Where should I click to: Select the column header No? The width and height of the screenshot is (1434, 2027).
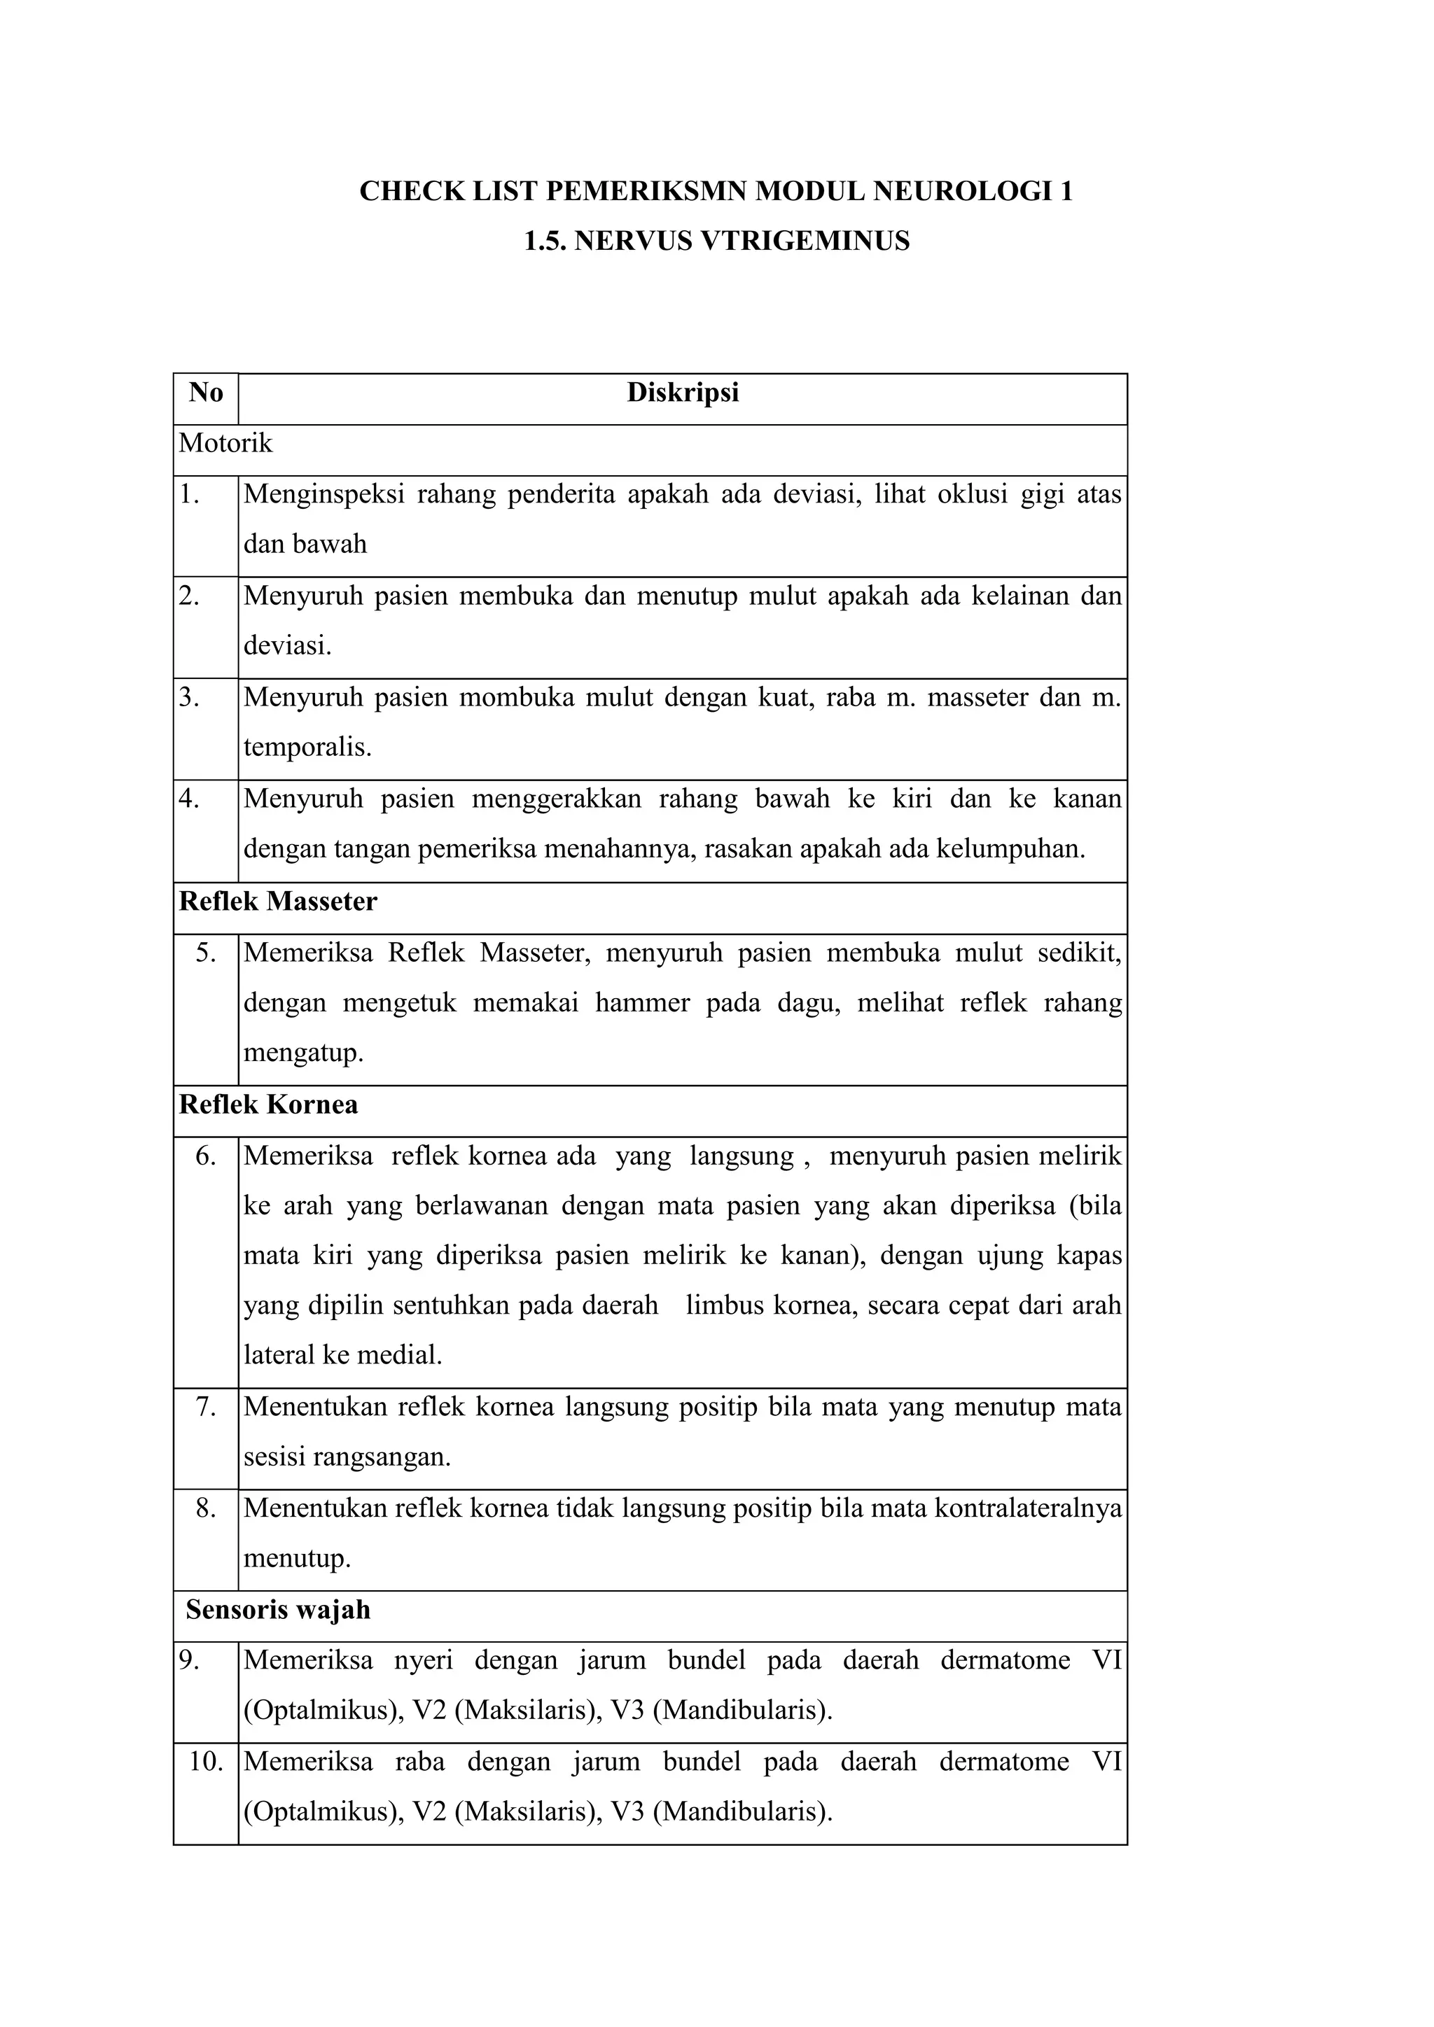(x=206, y=393)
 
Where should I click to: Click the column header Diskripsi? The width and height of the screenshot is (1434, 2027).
(x=683, y=393)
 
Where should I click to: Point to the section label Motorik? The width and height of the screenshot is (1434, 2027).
(x=226, y=443)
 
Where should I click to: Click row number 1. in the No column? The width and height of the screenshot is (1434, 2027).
(x=190, y=494)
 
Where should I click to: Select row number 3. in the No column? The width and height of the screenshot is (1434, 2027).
(x=190, y=697)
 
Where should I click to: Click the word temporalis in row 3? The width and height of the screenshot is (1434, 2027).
(x=307, y=748)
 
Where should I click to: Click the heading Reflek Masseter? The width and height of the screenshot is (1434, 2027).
(x=278, y=902)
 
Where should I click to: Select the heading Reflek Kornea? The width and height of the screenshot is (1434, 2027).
(x=268, y=1105)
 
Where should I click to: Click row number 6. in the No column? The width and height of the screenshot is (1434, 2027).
(x=206, y=1156)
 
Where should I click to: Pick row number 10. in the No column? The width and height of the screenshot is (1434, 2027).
(x=206, y=1762)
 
